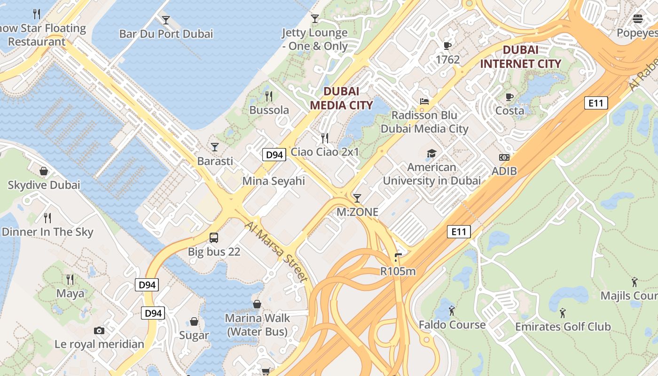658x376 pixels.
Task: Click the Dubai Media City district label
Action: point(342,98)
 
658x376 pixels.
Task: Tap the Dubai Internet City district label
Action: point(520,56)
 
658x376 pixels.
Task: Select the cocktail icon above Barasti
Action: point(215,147)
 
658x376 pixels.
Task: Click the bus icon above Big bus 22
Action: point(214,238)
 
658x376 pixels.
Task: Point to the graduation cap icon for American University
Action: point(431,153)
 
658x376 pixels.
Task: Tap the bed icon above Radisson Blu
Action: point(424,102)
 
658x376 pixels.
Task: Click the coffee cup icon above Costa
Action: point(509,97)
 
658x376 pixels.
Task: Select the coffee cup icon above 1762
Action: point(447,46)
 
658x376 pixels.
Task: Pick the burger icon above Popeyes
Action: point(638,19)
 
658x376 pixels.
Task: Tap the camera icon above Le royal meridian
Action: point(99,330)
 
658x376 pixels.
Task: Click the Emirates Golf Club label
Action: point(563,326)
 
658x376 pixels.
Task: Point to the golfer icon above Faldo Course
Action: point(452,311)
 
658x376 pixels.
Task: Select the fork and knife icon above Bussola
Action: point(269,96)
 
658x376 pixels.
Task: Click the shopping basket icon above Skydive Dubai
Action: point(44,171)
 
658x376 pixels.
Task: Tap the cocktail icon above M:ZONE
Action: point(357,198)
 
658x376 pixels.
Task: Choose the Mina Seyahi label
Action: point(274,181)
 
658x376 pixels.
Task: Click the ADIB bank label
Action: point(504,171)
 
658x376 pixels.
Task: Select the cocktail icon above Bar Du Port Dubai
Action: point(166,20)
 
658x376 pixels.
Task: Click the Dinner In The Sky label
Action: point(47,232)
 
